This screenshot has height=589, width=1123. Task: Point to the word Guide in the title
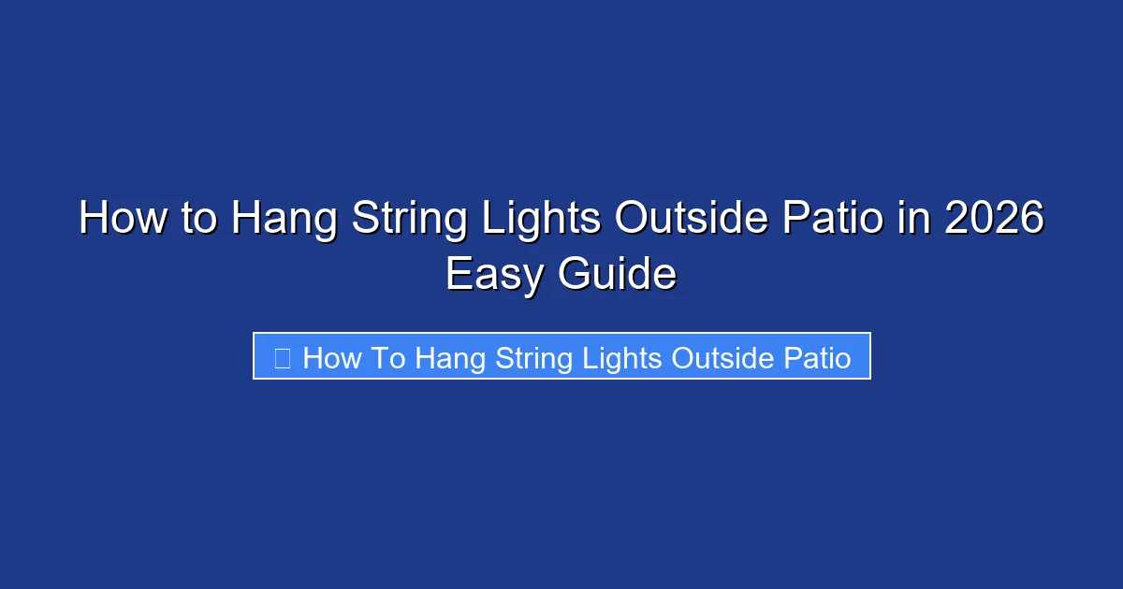617,276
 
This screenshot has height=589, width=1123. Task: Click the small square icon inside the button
282,357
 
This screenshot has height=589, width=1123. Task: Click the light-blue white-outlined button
561,356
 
